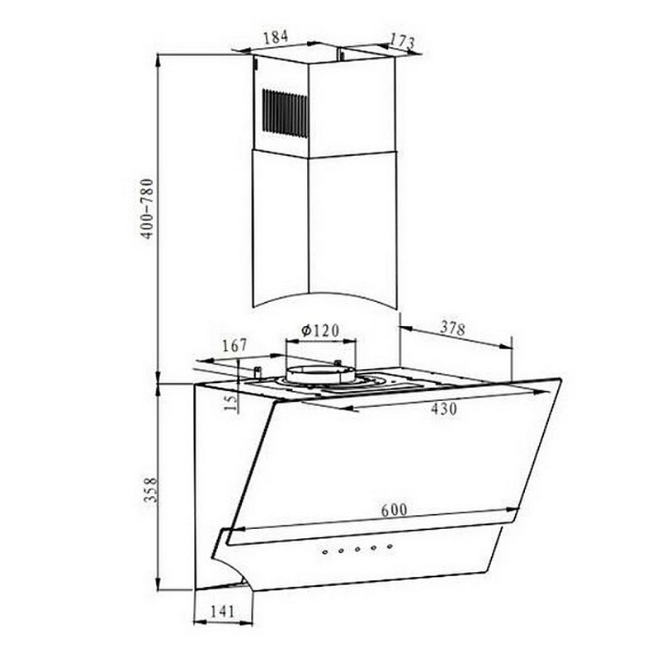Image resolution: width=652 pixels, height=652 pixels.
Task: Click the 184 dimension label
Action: click(x=276, y=36)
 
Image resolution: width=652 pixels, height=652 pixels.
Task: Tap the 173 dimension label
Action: click(x=402, y=40)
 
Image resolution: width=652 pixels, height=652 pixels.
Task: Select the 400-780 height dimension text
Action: click(x=147, y=209)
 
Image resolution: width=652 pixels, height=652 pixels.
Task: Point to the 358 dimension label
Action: click(x=150, y=490)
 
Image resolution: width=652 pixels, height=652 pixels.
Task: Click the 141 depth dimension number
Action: click(x=223, y=612)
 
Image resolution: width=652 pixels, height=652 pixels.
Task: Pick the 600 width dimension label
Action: click(x=395, y=510)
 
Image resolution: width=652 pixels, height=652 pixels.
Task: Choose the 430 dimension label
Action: click(x=444, y=409)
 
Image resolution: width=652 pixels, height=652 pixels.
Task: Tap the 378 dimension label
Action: click(x=452, y=328)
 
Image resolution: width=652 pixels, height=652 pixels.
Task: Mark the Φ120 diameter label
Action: click(x=320, y=331)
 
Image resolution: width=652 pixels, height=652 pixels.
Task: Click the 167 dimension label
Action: click(x=235, y=346)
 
